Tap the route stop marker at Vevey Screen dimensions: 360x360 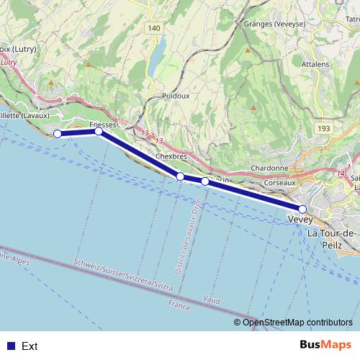pyautogui.click(x=303, y=210)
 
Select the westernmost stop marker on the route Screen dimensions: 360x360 pyautogui.click(x=58, y=133)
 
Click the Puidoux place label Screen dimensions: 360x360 pyautogui.click(x=175, y=95)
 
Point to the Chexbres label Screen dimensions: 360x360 pyautogui.click(x=171, y=156)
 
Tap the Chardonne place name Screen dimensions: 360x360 pyautogui.click(x=269, y=168)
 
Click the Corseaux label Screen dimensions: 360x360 pyautogui.click(x=280, y=183)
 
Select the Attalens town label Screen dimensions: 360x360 pyautogui.click(x=315, y=64)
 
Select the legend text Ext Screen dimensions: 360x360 pyautogui.click(x=30, y=346)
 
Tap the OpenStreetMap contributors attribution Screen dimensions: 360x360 pyautogui.click(x=297, y=322)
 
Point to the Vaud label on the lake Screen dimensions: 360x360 pyautogui.click(x=212, y=297)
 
